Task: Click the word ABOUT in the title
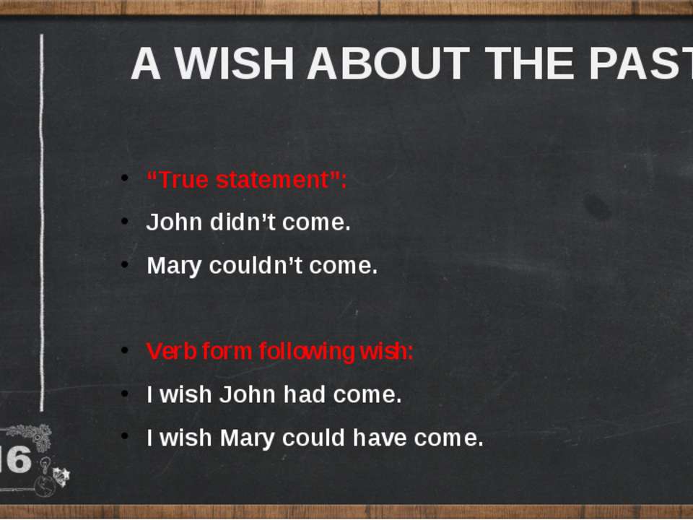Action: pyautogui.click(x=388, y=64)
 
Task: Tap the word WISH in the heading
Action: pyautogui.click(x=234, y=64)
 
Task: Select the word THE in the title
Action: pyautogui.click(x=529, y=64)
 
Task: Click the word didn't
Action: pyautogui.click(x=243, y=222)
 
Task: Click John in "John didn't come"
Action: pyautogui.click(x=174, y=222)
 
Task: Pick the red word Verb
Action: pyautogui.click(x=172, y=351)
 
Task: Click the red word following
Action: pyautogui.click(x=307, y=352)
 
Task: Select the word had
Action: pyautogui.click(x=305, y=394)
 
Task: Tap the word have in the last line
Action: pyautogui.click(x=380, y=438)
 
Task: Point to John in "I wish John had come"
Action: pyautogui.click(x=248, y=394)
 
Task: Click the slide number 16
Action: pyautogui.click(x=16, y=459)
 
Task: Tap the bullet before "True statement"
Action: pyautogui.click(x=125, y=178)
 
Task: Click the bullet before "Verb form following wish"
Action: pyautogui.click(x=125, y=350)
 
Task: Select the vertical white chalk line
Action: pyautogui.click(x=42, y=222)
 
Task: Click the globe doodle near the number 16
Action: pyautogui.click(x=45, y=486)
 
